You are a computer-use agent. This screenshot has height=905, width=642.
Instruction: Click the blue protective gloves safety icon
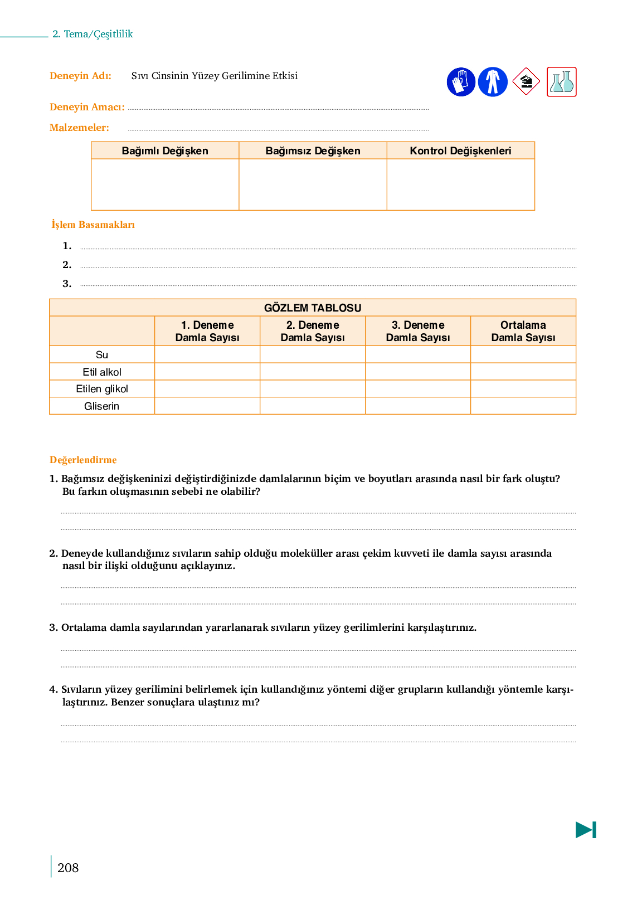point(461,82)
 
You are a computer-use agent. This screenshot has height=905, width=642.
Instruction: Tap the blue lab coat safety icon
point(493,82)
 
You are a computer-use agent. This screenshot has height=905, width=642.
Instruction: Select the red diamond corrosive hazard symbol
point(526,82)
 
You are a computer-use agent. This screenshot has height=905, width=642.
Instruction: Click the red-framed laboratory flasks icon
point(561,82)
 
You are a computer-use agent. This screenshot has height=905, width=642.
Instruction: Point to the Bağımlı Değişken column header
point(165,151)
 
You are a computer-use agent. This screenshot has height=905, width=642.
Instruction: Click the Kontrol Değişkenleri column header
point(460,151)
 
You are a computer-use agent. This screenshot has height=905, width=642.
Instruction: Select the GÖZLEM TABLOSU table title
point(313,308)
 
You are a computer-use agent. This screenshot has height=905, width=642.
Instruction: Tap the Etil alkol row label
point(102,372)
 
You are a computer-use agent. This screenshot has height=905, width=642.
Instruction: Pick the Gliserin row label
point(102,406)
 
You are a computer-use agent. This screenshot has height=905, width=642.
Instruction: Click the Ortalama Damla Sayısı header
point(523,331)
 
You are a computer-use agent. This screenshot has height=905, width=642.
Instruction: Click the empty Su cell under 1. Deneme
point(207,355)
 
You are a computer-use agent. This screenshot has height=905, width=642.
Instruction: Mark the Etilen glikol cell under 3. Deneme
point(418,389)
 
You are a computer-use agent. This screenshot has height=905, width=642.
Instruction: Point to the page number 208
point(68,868)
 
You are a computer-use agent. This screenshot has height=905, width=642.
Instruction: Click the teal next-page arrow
point(586,830)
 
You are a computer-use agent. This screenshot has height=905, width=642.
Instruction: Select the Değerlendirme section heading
point(83,460)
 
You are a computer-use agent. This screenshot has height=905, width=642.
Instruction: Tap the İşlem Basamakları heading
point(93,225)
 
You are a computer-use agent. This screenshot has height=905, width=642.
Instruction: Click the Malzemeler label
point(79,128)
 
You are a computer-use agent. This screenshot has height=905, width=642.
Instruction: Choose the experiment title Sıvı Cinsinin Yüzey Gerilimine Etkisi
point(215,76)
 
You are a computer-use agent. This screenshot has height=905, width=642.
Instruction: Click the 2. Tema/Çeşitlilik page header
point(93,34)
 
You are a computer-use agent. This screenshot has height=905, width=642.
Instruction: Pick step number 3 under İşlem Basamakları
point(67,284)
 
